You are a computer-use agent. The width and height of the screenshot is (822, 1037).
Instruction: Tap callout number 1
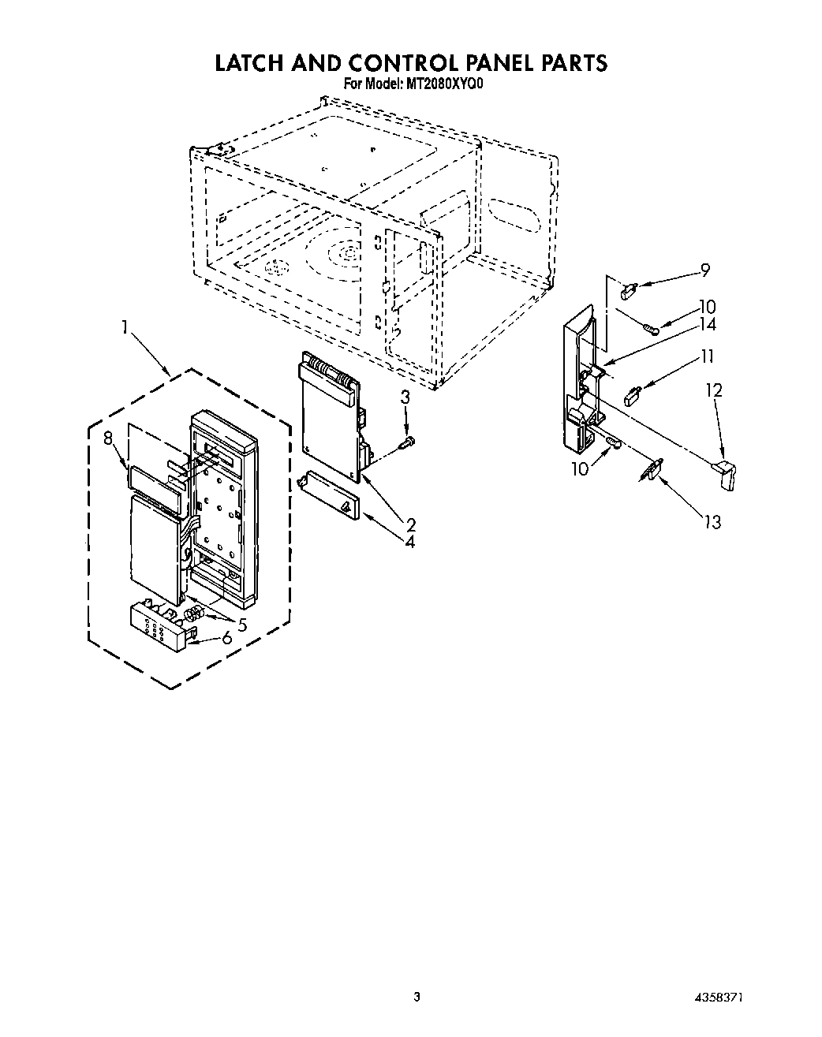[x=124, y=326]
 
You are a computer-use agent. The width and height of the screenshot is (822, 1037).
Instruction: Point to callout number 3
[x=405, y=398]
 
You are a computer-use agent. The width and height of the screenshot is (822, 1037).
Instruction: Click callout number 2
[x=411, y=524]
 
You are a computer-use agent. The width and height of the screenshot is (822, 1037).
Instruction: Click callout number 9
[x=704, y=270]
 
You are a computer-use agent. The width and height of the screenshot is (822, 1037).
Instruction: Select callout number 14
[x=707, y=324]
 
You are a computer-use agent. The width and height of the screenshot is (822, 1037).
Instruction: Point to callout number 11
[x=707, y=356]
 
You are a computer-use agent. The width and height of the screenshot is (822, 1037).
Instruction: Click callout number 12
[x=714, y=390]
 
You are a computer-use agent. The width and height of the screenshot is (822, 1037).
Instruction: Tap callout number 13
[x=712, y=522]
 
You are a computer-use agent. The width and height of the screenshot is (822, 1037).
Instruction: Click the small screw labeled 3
[x=409, y=445]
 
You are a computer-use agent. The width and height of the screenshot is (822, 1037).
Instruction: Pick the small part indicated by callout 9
[x=629, y=292]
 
